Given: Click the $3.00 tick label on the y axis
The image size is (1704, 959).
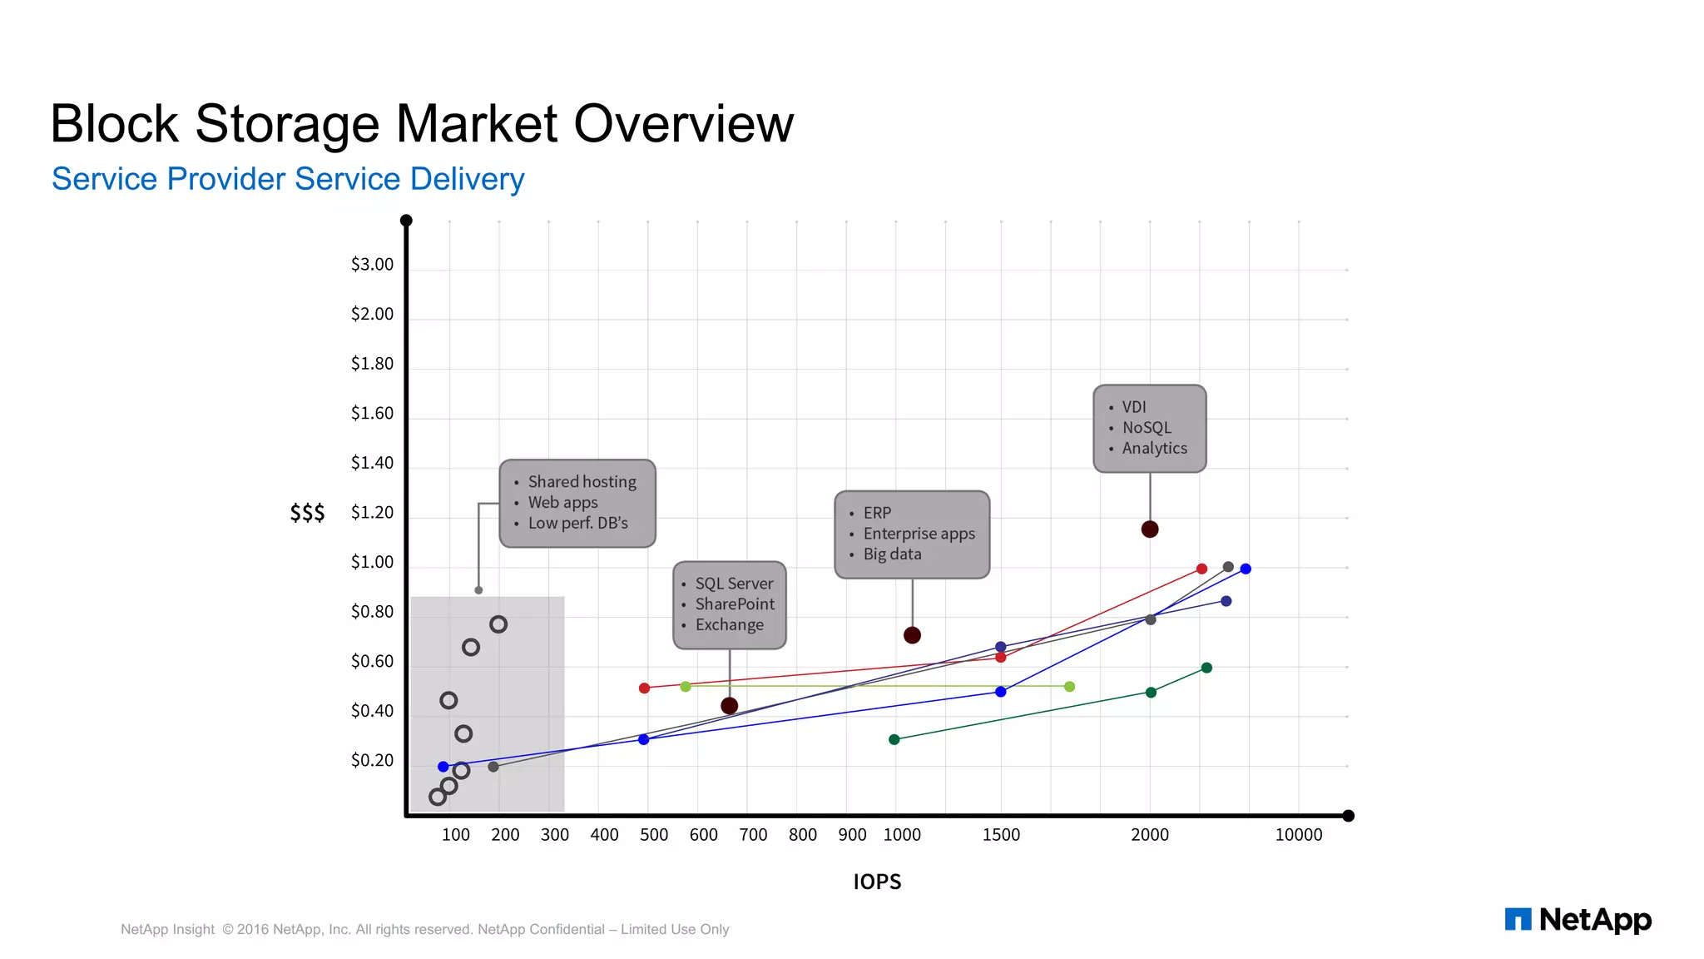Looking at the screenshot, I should pyautogui.click(x=372, y=265).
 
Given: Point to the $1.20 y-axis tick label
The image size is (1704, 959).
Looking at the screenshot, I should pyautogui.click(x=372, y=513).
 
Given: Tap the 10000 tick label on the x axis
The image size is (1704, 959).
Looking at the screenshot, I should pyautogui.click(x=1298, y=835).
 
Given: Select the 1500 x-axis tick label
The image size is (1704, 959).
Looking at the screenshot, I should pyautogui.click(x=1001, y=835).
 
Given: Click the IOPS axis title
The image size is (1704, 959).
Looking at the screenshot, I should pyautogui.click(x=877, y=882).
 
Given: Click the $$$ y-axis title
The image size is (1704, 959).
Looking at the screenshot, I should pyautogui.click(x=307, y=513).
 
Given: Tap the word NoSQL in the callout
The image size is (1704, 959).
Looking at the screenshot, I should pyautogui.click(x=1147, y=428).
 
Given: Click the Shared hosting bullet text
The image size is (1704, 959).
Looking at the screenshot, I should pyautogui.click(x=582, y=482).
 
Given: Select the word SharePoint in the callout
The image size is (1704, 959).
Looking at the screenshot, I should pyautogui.click(x=735, y=604).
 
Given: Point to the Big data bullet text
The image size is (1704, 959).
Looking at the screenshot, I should pyautogui.click(x=892, y=554).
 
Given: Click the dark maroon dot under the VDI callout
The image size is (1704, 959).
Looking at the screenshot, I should pyautogui.click(x=1150, y=529).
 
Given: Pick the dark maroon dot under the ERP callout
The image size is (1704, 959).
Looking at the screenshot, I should pyautogui.click(x=912, y=635).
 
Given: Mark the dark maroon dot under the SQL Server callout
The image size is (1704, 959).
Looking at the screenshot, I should pyautogui.click(x=730, y=706).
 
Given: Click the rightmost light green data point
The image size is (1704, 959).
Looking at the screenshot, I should pyautogui.click(x=1069, y=687).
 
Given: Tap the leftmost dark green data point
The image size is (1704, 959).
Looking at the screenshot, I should pyautogui.click(x=894, y=739).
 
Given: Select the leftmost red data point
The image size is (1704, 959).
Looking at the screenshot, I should pyautogui.click(x=644, y=688).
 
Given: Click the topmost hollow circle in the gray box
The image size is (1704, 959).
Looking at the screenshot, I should pyautogui.click(x=498, y=624).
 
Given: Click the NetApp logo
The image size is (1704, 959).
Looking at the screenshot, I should pyautogui.click(x=1578, y=920).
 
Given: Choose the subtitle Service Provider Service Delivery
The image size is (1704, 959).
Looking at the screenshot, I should pyautogui.click(x=288, y=179).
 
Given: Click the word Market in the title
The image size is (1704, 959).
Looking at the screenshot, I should pyautogui.click(x=477, y=124).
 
